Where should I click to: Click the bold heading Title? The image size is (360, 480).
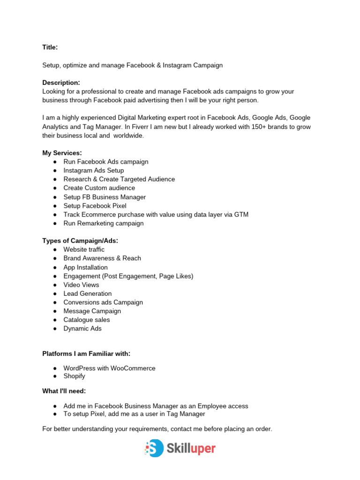pos(50,47)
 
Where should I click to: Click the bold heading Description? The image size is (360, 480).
pos(61,82)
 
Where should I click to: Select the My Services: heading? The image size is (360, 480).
pos(62,153)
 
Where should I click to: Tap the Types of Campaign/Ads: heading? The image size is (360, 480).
pos(80,240)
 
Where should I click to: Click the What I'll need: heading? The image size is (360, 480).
pos(64,391)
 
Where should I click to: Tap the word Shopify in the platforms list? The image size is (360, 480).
pos(75,376)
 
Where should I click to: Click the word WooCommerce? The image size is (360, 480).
pos(133,368)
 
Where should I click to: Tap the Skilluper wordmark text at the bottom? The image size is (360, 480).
pos(191,449)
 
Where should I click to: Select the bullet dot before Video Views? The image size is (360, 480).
pos(55,285)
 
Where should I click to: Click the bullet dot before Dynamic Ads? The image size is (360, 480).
pos(55,329)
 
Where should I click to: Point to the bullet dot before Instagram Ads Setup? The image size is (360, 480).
pos(55,171)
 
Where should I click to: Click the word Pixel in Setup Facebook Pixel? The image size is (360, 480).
pos(119,205)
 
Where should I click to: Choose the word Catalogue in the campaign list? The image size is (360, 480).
pos(78,320)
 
